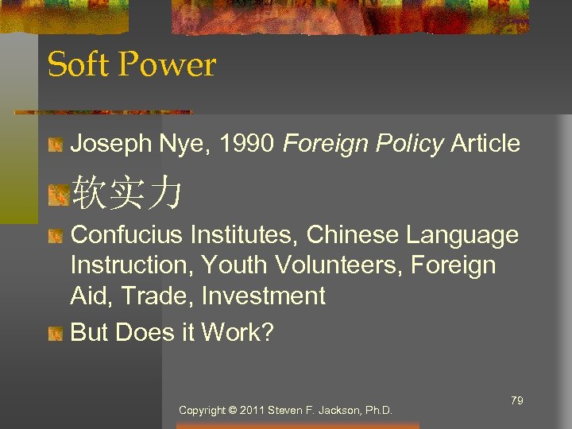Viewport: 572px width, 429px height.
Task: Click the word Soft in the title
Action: click(x=75, y=65)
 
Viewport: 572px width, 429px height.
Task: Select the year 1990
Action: click(x=247, y=144)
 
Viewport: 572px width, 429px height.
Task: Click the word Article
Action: click(x=485, y=144)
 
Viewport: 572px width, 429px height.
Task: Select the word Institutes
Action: click(x=245, y=235)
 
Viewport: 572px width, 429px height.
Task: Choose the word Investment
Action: click(x=264, y=296)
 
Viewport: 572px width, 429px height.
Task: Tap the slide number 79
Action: click(x=516, y=400)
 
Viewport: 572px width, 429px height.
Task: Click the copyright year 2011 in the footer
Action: click(x=251, y=411)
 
